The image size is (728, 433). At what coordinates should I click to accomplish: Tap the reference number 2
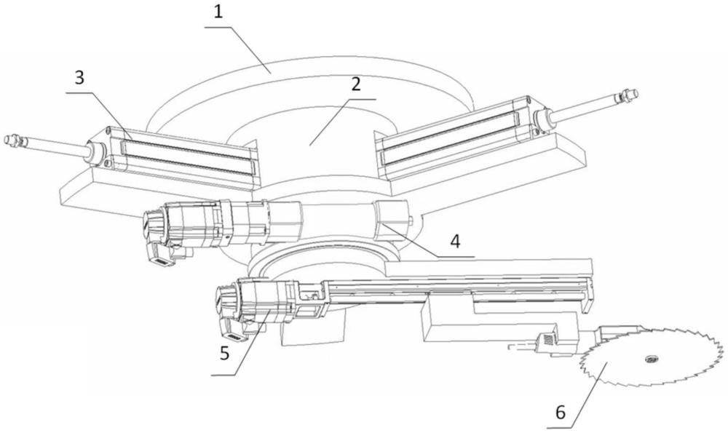click(356, 84)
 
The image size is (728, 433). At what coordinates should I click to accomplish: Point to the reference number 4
click(455, 242)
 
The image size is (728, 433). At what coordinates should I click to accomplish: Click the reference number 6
click(560, 412)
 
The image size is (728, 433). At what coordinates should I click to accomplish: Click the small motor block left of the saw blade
click(546, 340)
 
